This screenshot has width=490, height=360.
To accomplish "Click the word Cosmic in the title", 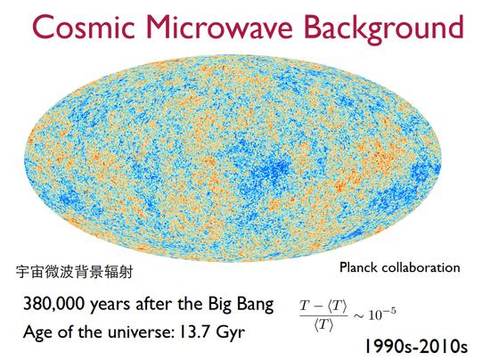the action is pos(84,27).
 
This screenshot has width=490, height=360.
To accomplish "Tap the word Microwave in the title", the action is pos(219,27).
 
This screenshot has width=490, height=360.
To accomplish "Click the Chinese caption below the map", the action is pos(74,272).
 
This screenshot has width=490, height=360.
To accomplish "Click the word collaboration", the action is pos(421,267).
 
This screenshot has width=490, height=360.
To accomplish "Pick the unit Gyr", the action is pos(231,333).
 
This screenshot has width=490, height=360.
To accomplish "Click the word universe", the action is pos(139,331).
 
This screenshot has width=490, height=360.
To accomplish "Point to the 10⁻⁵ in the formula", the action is pos(382,314).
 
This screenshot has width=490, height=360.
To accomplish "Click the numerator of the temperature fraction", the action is pos(323,307).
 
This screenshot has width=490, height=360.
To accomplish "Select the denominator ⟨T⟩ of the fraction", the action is pos(323,325).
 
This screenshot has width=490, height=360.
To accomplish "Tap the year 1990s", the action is pos(389,347).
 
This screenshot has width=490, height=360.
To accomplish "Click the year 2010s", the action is pos(444,347).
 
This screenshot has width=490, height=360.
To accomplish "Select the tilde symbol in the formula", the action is pos(359,315).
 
